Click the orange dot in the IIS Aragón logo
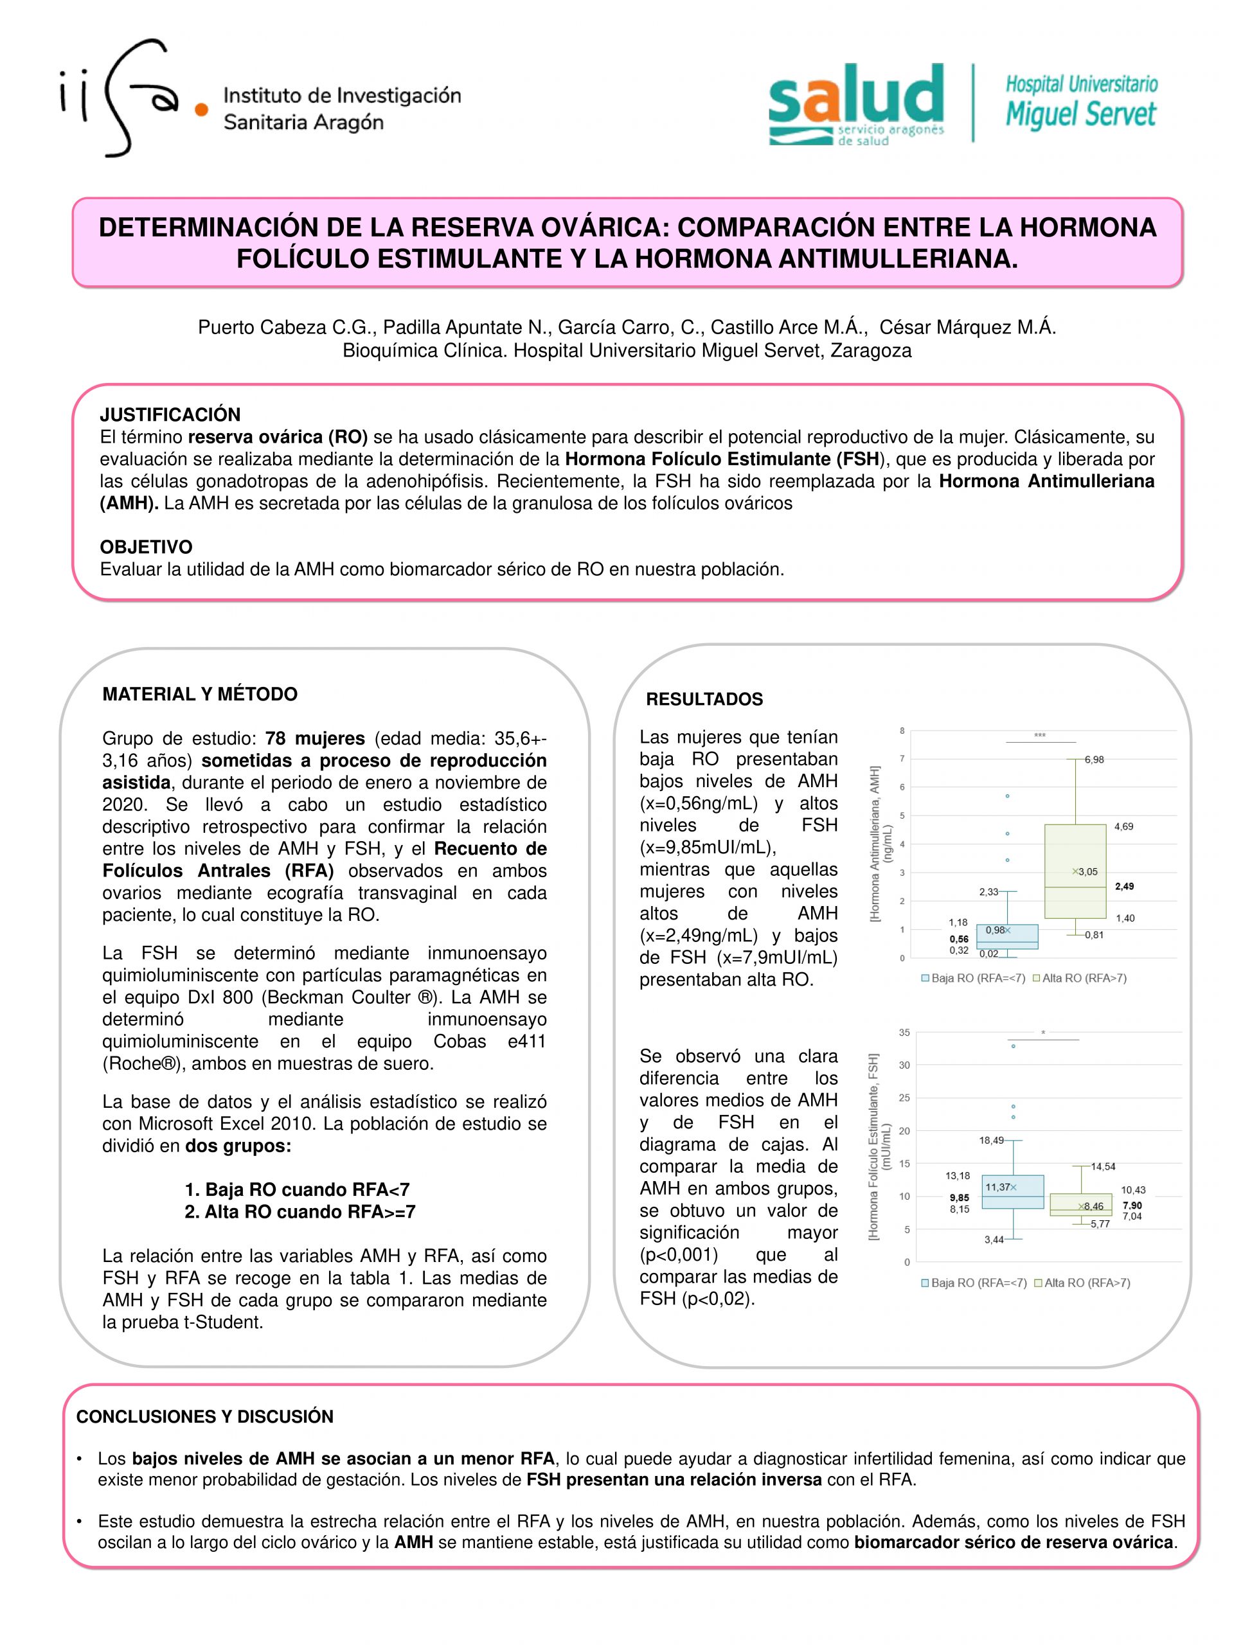(x=201, y=109)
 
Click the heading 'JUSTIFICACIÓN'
(x=170, y=415)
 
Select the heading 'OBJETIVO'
(x=146, y=547)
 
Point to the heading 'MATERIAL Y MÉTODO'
(x=199, y=694)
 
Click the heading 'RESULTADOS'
(x=704, y=699)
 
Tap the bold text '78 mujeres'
(x=315, y=738)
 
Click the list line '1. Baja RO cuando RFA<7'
(x=297, y=1189)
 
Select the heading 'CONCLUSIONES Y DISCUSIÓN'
(x=204, y=1417)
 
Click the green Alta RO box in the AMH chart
(x=1074, y=871)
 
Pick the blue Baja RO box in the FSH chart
(x=1012, y=1191)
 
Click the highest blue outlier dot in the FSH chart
(x=1013, y=1046)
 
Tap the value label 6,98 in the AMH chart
(x=1093, y=760)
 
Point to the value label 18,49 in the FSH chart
(x=991, y=1140)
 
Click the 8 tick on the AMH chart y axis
(x=902, y=731)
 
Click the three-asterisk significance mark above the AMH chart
(x=1039, y=736)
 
